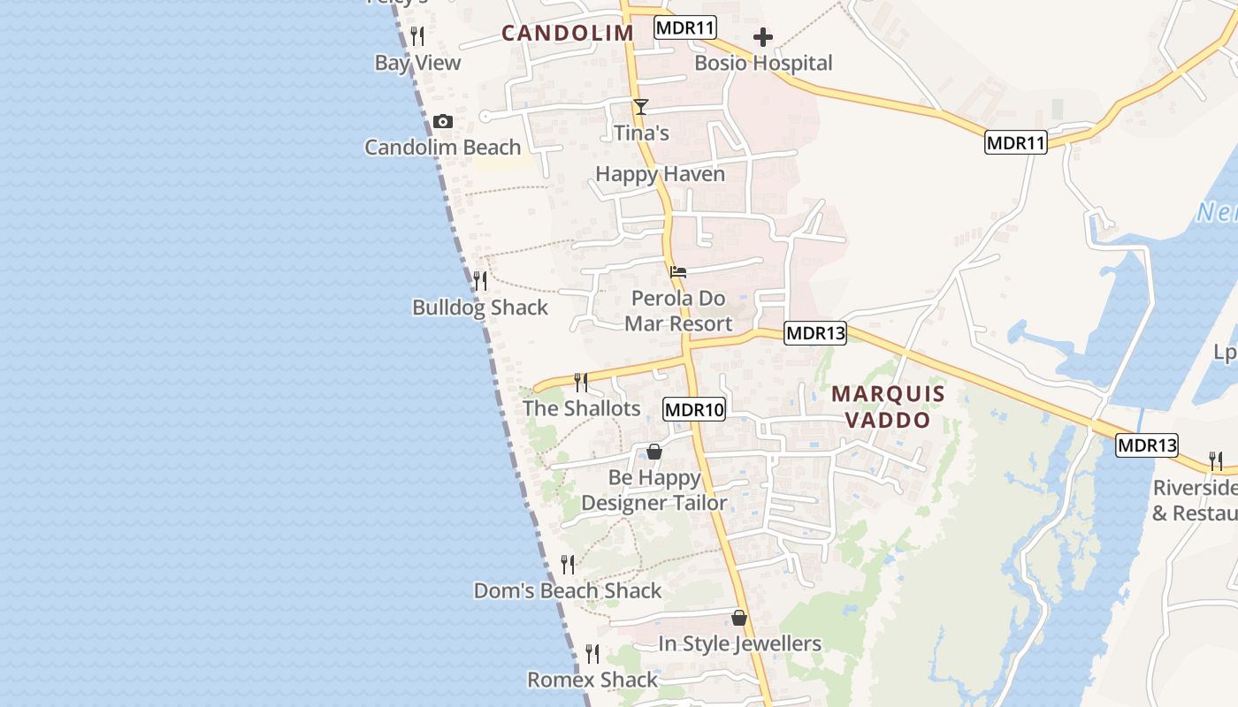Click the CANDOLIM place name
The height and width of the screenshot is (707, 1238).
pos(568,34)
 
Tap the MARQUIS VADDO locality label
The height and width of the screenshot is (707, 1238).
pos(888,407)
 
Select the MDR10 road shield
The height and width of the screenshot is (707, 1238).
pos(694,409)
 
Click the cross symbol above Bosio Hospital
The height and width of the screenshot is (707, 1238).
pos(763,37)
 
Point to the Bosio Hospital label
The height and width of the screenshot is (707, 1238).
pos(763,63)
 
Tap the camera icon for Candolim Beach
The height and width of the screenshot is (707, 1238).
pos(443,122)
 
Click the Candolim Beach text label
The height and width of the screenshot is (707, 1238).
pos(442,148)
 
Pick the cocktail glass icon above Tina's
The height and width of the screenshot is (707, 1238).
pos(641,107)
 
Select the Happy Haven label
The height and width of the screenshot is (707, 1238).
pos(660,174)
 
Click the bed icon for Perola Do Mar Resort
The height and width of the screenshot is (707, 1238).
pos(678,271)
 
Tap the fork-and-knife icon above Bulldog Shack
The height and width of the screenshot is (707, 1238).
pos(480,281)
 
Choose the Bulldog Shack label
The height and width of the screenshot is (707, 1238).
pos(480,308)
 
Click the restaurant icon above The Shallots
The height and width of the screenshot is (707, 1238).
pos(581,382)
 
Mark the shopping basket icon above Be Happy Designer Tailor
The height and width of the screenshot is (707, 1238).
pos(654,452)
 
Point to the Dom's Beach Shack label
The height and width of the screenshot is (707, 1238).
pos(568,590)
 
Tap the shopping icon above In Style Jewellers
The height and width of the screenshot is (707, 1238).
pos(739,618)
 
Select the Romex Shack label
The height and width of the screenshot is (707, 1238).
pos(592,680)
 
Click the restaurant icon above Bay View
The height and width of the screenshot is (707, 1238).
pos(417,36)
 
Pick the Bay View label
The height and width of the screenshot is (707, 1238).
pos(417,63)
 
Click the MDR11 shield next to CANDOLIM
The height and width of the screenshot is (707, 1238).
pos(685,27)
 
